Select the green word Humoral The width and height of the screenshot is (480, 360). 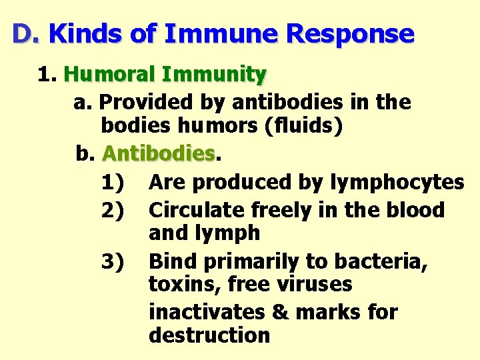tap(116, 74)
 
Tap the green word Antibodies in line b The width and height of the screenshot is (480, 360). tap(159, 154)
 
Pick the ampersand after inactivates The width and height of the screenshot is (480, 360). tap(281, 312)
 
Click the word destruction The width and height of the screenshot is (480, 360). tap(209, 335)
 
